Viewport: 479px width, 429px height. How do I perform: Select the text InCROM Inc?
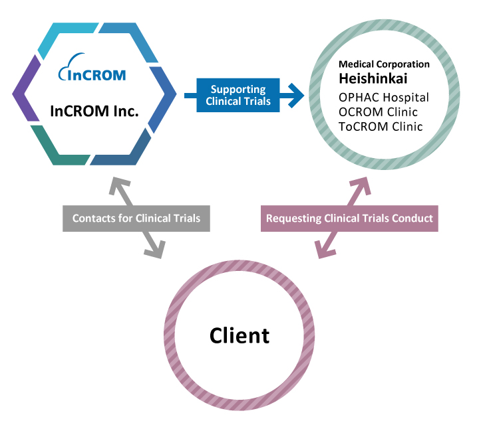(x=94, y=111)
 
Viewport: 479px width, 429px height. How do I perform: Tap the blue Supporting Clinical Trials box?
(x=238, y=95)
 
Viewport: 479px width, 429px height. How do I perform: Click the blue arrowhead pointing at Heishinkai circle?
(x=295, y=96)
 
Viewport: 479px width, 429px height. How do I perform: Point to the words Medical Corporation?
(x=384, y=64)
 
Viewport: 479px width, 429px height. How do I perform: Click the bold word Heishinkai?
(x=373, y=78)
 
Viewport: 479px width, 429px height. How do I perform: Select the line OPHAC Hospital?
(x=384, y=98)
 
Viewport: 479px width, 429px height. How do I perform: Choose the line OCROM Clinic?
(x=378, y=112)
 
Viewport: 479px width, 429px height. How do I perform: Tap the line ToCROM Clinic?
(x=381, y=127)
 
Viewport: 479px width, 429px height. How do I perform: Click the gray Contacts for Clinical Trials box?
(x=136, y=218)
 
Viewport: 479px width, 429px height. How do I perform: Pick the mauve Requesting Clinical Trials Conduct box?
(x=349, y=218)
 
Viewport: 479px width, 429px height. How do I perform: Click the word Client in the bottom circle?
(x=239, y=336)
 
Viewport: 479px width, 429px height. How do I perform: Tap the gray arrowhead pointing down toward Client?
(x=156, y=250)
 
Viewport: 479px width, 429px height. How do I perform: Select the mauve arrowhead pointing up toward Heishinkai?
(x=361, y=185)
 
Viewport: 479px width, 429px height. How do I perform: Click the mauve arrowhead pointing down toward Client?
(x=325, y=250)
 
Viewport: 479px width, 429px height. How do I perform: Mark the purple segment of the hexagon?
(x=26, y=88)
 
